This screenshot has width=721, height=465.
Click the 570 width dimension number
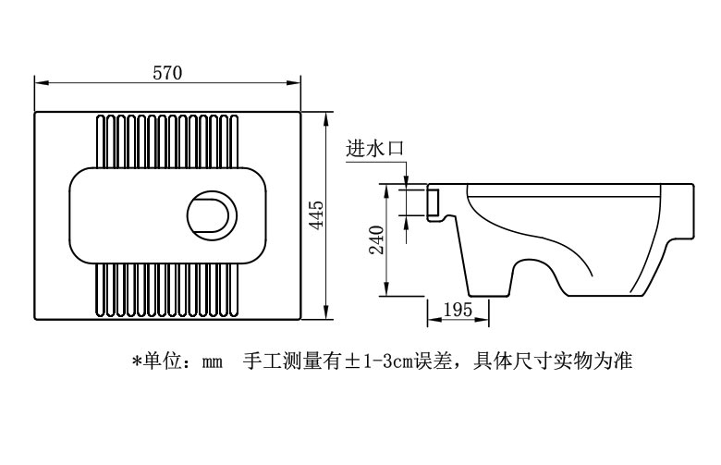[167, 73]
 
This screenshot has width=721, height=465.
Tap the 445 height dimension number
[316, 214]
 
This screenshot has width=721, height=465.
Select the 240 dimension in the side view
[376, 239]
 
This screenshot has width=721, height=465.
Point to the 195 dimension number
[458, 310]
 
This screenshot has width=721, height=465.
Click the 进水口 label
[374, 148]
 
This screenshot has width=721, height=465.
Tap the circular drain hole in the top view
[212, 214]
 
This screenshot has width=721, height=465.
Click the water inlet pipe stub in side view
[434, 202]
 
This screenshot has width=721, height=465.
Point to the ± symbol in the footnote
[352, 361]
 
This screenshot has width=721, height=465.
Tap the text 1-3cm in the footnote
[387, 361]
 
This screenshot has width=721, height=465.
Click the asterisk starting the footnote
[136, 361]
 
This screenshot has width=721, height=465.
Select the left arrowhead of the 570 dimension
[42, 83]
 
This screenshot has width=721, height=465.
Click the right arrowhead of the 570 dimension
[294, 83]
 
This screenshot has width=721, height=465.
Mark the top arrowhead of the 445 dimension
[325, 118]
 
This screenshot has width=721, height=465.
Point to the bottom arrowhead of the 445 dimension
[325, 312]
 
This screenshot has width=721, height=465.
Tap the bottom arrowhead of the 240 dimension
[386, 289]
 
